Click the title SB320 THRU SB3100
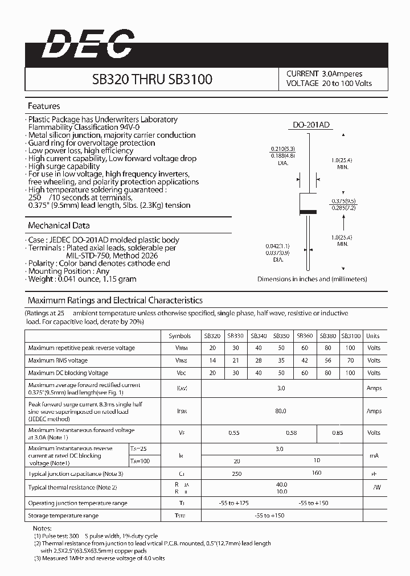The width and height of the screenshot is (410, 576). [x=152, y=79]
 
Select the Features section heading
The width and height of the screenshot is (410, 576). [x=44, y=106]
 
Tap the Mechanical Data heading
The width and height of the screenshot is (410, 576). [x=59, y=225]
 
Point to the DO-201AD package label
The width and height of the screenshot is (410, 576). [x=308, y=125]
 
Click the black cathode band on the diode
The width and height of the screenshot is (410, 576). [x=308, y=212]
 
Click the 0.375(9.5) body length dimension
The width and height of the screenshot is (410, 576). [x=344, y=201]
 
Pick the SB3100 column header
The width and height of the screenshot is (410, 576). [x=350, y=336]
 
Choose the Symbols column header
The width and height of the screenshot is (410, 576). [x=180, y=336]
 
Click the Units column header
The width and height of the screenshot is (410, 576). [x=373, y=336]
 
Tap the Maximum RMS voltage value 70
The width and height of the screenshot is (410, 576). [x=350, y=360]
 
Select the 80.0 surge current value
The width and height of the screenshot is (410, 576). [x=280, y=410]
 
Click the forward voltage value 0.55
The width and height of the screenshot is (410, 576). [x=234, y=433]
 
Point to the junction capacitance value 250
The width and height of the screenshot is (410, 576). [x=236, y=474]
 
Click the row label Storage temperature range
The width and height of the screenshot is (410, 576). [x=63, y=516]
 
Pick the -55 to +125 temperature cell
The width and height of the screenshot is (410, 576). [x=234, y=503]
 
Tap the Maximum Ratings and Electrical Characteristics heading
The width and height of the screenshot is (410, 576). [x=115, y=300]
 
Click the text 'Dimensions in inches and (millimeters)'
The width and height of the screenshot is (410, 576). [x=312, y=279]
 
